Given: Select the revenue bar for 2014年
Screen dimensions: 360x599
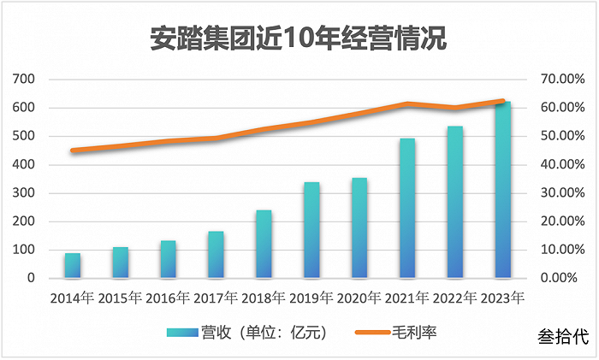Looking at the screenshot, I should click(x=73, y=266).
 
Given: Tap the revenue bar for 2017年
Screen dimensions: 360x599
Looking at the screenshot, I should click(x=216, y=255).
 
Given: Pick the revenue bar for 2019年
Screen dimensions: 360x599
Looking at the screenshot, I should click(x=311, y=230).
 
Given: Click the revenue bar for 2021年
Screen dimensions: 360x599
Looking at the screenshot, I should click(x=407, y=209).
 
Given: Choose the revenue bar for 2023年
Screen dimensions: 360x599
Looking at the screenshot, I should click(x=502, y=191).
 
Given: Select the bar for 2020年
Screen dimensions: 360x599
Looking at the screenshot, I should click(x=359, y=228).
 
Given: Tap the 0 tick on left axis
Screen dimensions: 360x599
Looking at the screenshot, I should click(x=31, y=279).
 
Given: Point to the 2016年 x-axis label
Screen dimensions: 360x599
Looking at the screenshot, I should click(x=168, y=299).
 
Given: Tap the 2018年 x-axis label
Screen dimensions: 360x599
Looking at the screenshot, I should click(x=264, y=299).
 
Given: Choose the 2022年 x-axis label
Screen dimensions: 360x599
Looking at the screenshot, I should click(x=454, y=299).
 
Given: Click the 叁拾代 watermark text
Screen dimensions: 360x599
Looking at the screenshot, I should click(x=564, y=337).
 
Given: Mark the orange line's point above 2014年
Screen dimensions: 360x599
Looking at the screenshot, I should click(x=73, y=150).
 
